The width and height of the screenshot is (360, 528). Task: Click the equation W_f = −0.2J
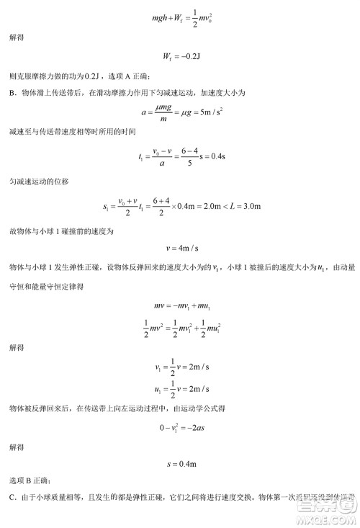pyautogui.click(x=180, y=57)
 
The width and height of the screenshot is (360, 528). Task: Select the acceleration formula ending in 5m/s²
pyautogui.click(x=180, y=113)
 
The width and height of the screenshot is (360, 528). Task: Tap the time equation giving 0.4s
pyautogui.click(x=180, y=156)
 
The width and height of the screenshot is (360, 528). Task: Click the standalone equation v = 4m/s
pyautogui.click(x=180, y=249)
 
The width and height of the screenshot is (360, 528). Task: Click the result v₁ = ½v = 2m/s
pyautogui.click(x=180, y=367)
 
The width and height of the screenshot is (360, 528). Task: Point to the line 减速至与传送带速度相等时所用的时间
pyautogui.click(x=72, y=133)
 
